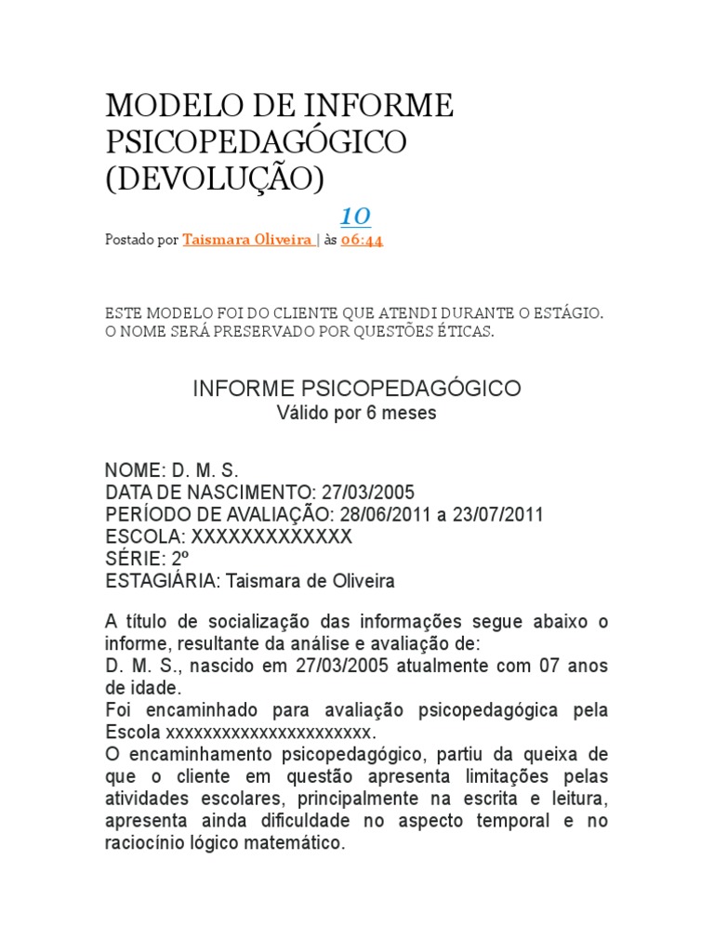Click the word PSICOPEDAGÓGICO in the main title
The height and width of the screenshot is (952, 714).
[256, 142]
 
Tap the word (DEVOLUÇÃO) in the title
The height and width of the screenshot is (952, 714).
[215, 178]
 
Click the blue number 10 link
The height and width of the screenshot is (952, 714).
[355, 217]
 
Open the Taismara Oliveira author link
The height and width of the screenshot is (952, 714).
[247, 240]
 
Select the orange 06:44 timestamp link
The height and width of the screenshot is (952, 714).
[363, 240]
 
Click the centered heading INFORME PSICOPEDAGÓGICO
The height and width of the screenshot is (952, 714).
[356, 389]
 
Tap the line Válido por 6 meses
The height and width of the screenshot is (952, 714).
[356, 413]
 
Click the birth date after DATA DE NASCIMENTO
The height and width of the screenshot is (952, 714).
[367, 492]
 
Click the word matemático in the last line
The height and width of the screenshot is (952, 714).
[297, 844]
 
